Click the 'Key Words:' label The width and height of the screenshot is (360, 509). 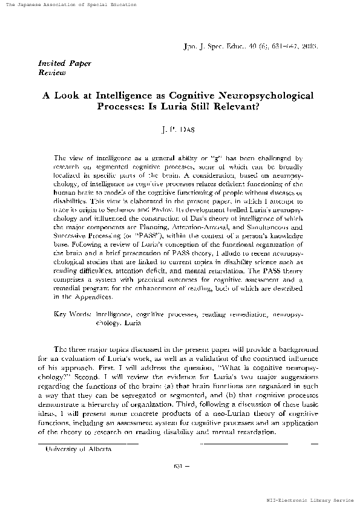click(x=73, y=315)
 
